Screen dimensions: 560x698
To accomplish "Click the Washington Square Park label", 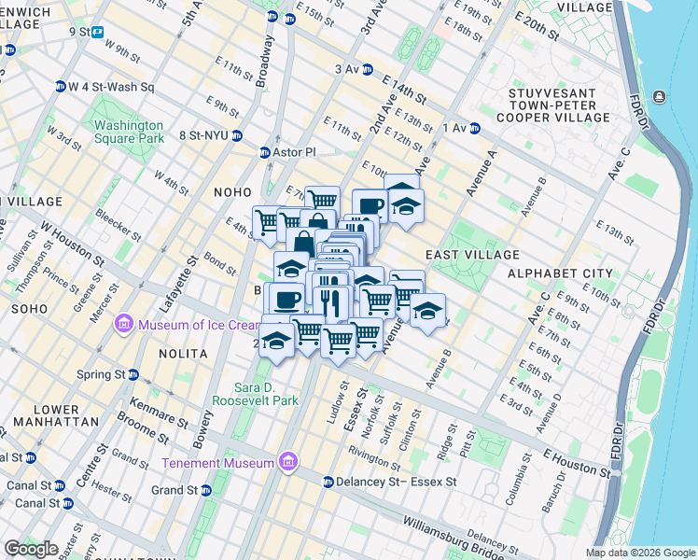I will (128, 132).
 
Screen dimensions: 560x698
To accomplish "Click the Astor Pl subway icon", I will (264, 152).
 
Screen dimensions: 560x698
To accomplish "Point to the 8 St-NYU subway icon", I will (238, 134).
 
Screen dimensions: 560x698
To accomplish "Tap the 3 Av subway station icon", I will (368, 69).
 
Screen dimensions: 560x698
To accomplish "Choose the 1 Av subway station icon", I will (474, 128).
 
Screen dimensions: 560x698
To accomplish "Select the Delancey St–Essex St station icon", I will (328, 483).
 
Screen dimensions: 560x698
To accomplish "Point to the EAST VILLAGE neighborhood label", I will (472, 255).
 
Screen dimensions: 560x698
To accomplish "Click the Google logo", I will (33, 549).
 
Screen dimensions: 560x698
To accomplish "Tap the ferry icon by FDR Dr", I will (660, 97).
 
